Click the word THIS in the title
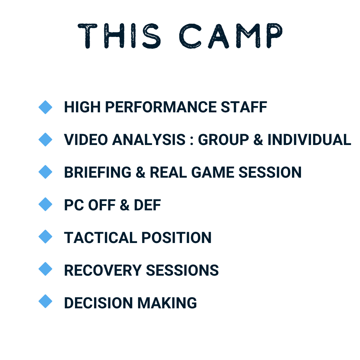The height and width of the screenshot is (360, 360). click(x=119, y=36)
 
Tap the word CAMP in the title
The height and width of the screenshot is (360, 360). click(x=231, y=36)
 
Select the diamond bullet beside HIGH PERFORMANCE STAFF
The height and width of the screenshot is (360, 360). click(x=45, y=107)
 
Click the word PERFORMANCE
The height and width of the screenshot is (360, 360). click(x=161, y=107)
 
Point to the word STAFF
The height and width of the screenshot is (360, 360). click(x=244, y=107)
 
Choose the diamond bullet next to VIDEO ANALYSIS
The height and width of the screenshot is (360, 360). click(x=45, y=140)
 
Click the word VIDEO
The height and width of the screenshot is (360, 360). click(x=86, y=140)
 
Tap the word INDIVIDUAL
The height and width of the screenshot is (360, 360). click(x=309, y=140)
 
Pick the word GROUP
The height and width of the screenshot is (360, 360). click(x=223, y=140)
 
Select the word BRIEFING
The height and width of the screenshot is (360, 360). click(x=98, y=172)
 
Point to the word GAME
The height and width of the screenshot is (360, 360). click(x=213, y=172)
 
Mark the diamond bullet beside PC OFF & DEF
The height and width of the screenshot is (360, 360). click(x=45, y=204)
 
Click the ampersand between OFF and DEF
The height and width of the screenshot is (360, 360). click(x=124, y=205)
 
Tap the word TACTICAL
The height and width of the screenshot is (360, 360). click(x=101, y=237)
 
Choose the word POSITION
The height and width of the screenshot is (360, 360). click(x=176, y=237)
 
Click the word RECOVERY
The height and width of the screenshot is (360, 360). click(x=103, y=270)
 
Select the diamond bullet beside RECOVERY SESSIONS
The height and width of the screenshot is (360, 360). click(x=45, y=269)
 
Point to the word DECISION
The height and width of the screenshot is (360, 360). click(x=98, y=303)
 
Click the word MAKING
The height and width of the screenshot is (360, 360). click(x=167, y=303)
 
